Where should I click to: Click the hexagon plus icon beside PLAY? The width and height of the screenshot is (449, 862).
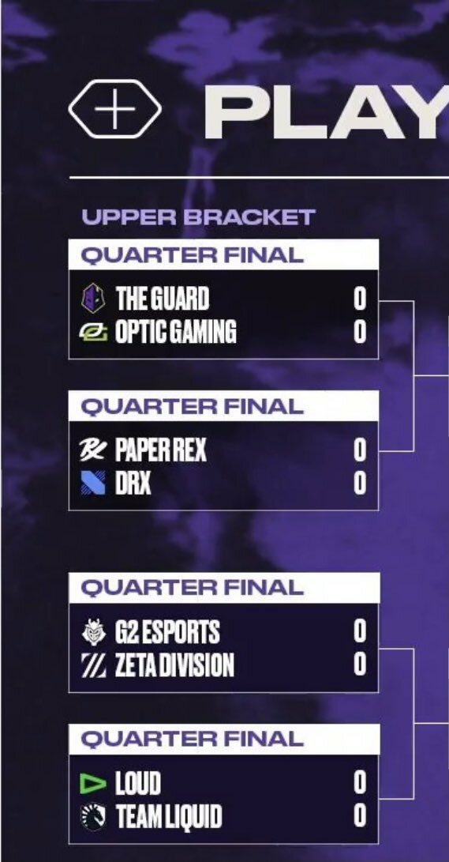114,109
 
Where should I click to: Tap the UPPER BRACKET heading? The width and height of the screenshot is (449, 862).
198,217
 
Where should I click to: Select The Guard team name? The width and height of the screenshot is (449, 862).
162,299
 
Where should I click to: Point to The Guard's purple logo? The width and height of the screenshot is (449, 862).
93,299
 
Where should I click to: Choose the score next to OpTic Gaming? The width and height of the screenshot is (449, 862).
360,332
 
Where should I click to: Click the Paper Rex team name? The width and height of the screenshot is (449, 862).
161,451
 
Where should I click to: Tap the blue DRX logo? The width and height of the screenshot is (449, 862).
93,484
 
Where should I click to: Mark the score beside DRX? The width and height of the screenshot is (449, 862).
360,484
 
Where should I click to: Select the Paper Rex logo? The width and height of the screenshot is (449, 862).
93,450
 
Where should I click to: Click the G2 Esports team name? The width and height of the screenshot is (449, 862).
167,631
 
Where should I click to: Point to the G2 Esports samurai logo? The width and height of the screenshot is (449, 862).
93,631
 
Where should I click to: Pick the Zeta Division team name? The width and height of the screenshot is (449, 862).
174,665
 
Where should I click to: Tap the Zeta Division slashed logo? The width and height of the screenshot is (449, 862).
93,665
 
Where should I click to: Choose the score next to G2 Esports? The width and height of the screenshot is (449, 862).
360,631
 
